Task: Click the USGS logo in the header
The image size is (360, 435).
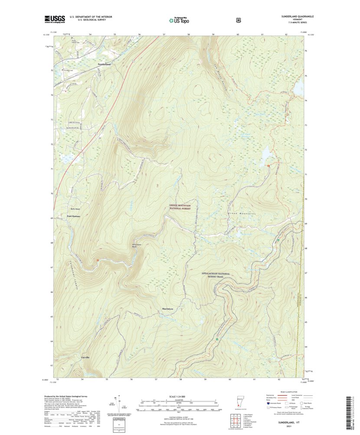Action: pos(54,19)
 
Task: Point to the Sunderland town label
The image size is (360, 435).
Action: pos(104,64)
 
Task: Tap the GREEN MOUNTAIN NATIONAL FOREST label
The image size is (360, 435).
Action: pos(180,207)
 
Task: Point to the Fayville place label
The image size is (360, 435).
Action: pos(85,357)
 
